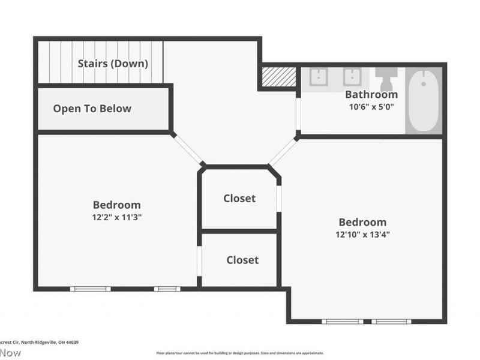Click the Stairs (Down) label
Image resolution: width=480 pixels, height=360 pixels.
[113, 63]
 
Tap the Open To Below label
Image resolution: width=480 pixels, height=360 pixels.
[92, 109]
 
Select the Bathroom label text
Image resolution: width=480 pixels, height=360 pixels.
[371, 94]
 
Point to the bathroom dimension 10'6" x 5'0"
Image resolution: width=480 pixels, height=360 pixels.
[371, 107]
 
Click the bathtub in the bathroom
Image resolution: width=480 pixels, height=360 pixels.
[424, 100]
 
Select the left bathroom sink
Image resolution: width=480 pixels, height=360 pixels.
[318, 78]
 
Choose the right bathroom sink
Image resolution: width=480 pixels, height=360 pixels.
[352, 78]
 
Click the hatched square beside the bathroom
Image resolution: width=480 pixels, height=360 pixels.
[279, 77]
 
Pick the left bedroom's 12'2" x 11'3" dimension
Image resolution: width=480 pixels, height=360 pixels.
[116, 217]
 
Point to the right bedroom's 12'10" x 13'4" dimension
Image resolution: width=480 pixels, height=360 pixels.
[362, 235]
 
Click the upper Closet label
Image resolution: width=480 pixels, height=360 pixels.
[239, 199]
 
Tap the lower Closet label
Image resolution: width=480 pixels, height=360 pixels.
[242, 260]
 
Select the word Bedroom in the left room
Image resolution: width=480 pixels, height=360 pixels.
[116, 205]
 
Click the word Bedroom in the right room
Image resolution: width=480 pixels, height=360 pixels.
[362, 222]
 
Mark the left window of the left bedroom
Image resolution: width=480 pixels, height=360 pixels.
[90, 289]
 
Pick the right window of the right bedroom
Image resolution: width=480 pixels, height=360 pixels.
[391, 322]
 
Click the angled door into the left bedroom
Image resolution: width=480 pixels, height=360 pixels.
[187, 149]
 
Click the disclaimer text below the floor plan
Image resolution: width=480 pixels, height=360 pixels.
[240, 353]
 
